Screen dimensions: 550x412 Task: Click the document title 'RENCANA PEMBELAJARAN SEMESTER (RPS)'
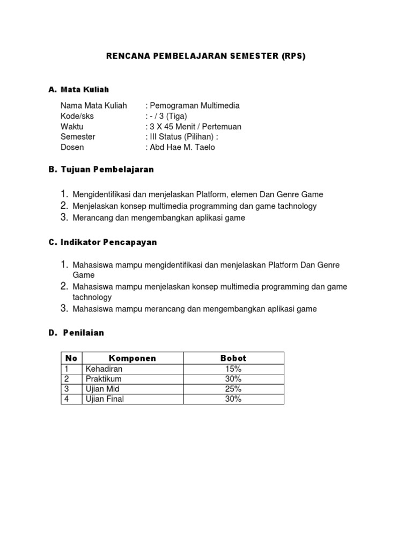[x=206, y=56]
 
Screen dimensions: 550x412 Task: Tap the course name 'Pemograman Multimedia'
[x=194, y=106]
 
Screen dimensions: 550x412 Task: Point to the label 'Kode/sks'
[x=76, y=116]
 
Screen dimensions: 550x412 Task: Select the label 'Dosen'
[x=72, y=147]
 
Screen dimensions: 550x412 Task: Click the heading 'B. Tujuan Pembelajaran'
[x=101, y=169]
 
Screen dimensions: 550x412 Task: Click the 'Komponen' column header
[x=133, y=358]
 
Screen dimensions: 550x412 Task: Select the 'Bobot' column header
[x=233, y=358]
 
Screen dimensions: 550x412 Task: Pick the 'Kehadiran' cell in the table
[x=104, y=369]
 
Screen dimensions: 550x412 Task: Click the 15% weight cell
[x=233, y=369]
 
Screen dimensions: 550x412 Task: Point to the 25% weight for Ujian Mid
[x=233, y=389]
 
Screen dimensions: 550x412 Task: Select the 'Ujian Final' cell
[x=105, y=399]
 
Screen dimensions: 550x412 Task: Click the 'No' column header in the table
[x=71, y=358]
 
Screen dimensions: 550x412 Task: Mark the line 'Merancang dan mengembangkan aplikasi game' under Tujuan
[x=159, y=218]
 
